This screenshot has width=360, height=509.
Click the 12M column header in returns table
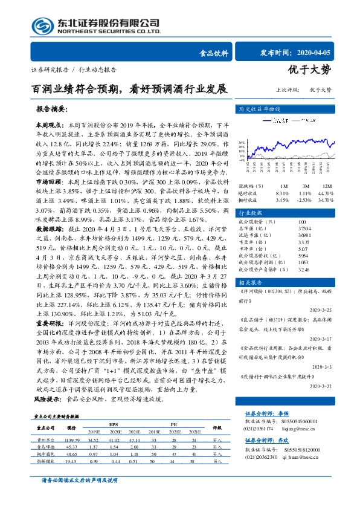click(327, 186)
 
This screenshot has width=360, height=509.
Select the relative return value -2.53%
click(305, 199)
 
